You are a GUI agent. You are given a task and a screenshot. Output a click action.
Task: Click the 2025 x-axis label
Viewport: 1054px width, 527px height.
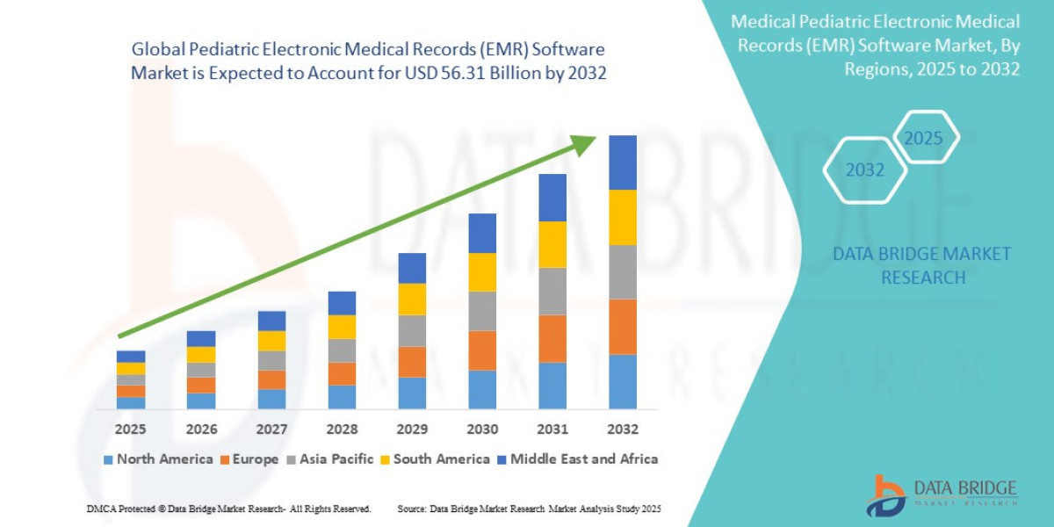click(130, 430)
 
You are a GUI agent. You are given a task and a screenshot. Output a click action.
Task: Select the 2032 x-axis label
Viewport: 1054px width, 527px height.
click(622, 430)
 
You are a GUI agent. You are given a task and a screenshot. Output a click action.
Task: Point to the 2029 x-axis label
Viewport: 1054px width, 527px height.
click(411, 430)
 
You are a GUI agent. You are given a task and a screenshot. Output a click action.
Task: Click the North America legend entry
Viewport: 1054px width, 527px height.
click(158, 459)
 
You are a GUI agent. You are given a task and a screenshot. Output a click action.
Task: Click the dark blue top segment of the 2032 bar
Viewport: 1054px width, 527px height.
click(622, 162)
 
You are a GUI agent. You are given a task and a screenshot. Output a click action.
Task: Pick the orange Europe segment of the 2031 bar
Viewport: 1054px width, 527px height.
click(552, 338)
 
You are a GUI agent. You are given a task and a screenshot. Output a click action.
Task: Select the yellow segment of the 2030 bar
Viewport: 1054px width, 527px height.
click(482, 272)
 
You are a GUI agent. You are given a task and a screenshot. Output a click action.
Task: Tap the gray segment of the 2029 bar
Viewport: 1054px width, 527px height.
click(412, 330)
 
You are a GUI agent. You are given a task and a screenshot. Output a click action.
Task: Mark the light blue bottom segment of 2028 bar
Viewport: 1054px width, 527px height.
click(342, 397)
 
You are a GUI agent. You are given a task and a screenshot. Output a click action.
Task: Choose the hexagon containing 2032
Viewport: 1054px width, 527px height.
click(865, 170)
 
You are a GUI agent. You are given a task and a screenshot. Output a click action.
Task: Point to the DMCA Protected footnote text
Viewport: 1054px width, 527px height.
click(228, 509)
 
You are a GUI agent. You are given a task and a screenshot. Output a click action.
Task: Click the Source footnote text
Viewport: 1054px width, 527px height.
click(529, 509)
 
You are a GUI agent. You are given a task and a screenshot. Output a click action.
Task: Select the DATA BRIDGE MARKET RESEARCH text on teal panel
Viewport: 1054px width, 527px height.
click(921, 265)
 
